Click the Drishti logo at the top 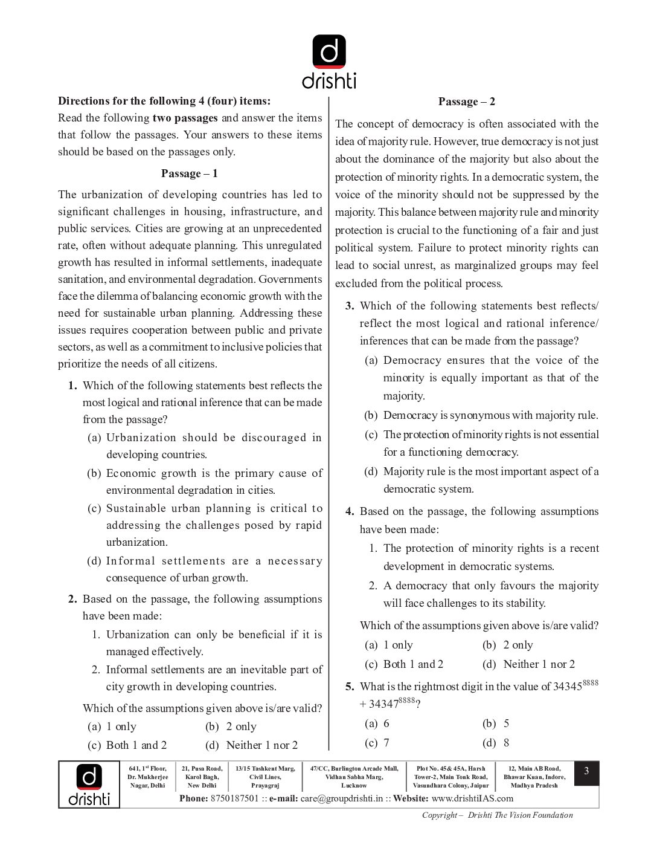coord(329,62)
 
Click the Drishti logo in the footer coord(89,785)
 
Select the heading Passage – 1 coord(189,173)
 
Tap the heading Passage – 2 coord(467,102)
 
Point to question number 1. coord(72,386)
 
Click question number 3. coord(350,306)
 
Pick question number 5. coord(350,687)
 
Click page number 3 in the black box coord(586,772)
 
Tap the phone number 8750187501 coord(234,798)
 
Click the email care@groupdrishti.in coord(342,798)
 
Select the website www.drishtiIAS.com coord(472,798)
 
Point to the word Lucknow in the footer coord(354,786)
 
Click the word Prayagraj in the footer coord(265,786)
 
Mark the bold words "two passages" coord(185,118)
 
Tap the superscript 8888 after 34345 coord(591,682)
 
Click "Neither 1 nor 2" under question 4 coord(539,664)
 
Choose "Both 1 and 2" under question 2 coord(136,745)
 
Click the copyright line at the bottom coord(497,815)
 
